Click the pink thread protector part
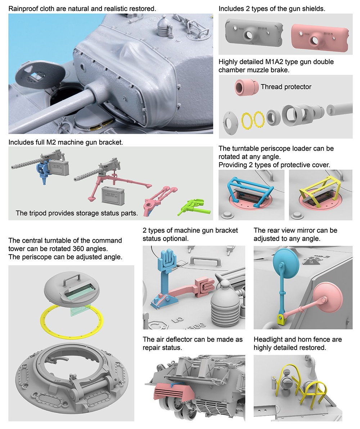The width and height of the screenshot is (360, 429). [247, 87]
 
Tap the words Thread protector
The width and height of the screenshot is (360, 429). [286, 87]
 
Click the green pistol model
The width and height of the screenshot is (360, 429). [194, 207]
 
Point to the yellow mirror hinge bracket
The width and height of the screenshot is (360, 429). [281, 319]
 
